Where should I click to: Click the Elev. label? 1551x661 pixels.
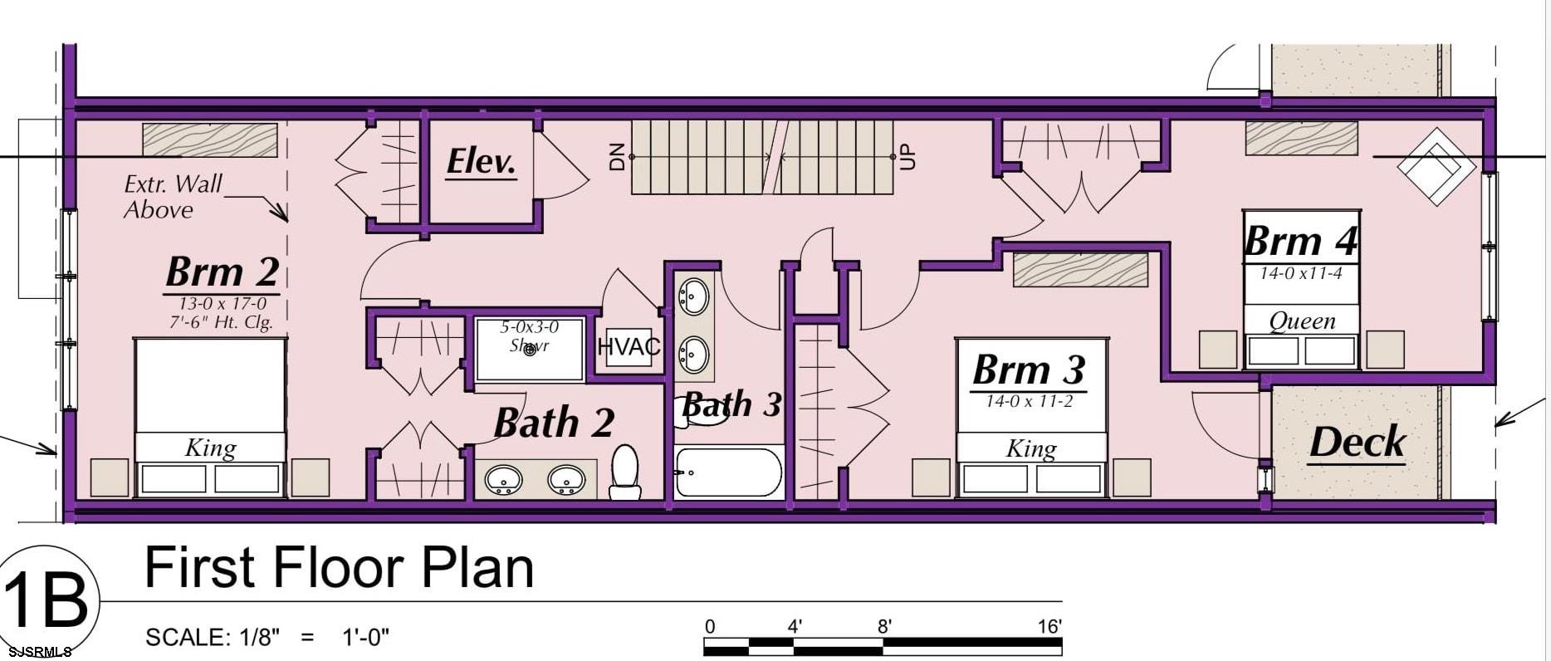[x=482, y=161]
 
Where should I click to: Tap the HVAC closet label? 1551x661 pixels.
[x=629, y=347]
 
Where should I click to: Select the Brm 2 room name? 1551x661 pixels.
[x=222, y=272]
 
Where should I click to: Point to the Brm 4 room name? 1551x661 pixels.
[x=1300, y=242]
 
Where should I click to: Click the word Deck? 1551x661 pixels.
[x=1357, y=442]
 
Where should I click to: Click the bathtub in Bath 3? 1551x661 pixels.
[x=728, y=472]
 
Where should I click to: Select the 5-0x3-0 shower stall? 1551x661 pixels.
[x=529, y=349]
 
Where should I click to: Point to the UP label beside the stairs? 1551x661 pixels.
[x=908, y=156]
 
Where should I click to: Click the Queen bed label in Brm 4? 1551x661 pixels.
[x=1302, y=321]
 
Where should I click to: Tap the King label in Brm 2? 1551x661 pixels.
[x=210, y=448]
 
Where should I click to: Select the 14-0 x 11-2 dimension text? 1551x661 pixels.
[x=1030, y=402]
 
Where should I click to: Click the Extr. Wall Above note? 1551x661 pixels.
[x=173, y=197]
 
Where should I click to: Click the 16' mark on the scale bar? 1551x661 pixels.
[x=1049, y=626]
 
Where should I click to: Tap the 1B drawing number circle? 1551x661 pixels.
[x=47, y=600]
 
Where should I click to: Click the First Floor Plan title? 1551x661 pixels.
[x=339, y=569]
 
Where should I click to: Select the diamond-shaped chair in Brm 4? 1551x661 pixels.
[x=1436, y=166]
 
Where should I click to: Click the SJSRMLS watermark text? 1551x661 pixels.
[x=37, y=652]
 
